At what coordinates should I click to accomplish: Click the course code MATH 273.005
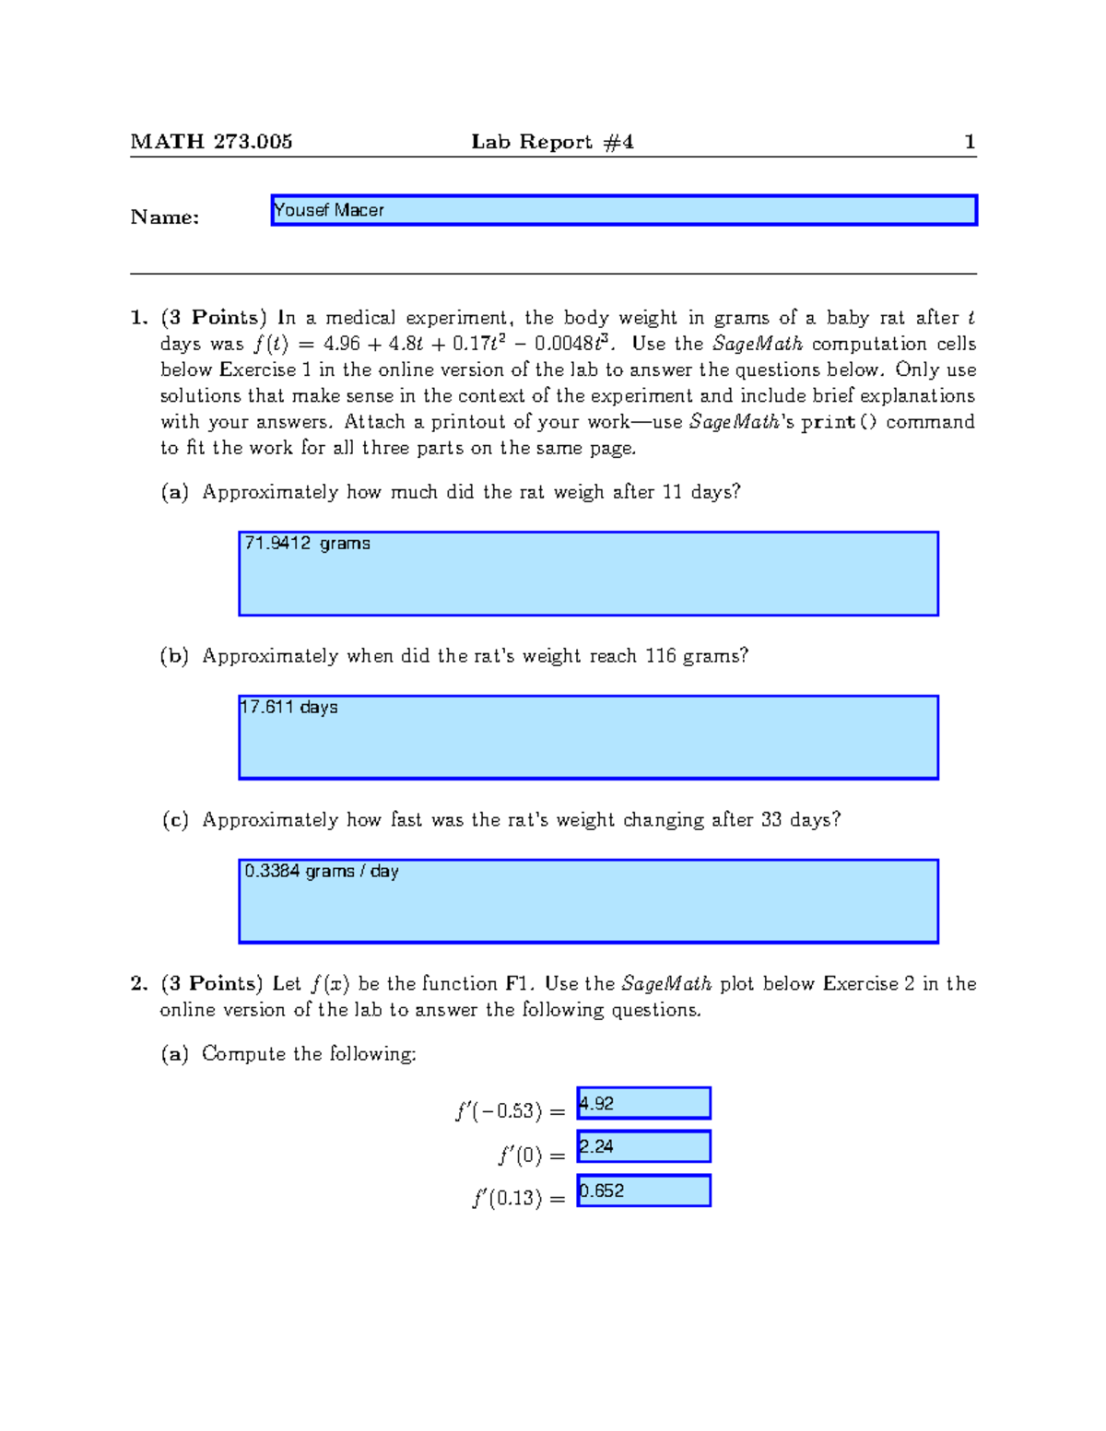click(211, 142)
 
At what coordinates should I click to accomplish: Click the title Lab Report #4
click(552, 142)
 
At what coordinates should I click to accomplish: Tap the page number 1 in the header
click(969, 142)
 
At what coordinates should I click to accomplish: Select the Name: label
click(165, 217)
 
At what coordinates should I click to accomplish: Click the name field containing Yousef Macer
click(623, 210)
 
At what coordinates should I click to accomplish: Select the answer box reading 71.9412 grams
click(588, 573)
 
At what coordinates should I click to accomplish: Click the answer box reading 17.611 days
click(588, 737)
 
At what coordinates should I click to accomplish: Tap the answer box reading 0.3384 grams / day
click(588, 901)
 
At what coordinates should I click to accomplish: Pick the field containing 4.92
click(643, 1103)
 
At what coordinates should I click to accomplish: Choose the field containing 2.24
click(643, 1146)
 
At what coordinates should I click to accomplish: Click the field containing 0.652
click(643, 1191)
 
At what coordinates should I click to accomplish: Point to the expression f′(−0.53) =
click(510, 1111)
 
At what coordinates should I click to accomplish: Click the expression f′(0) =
click(531, 1155)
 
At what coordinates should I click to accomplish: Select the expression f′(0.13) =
click(518, 1199)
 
